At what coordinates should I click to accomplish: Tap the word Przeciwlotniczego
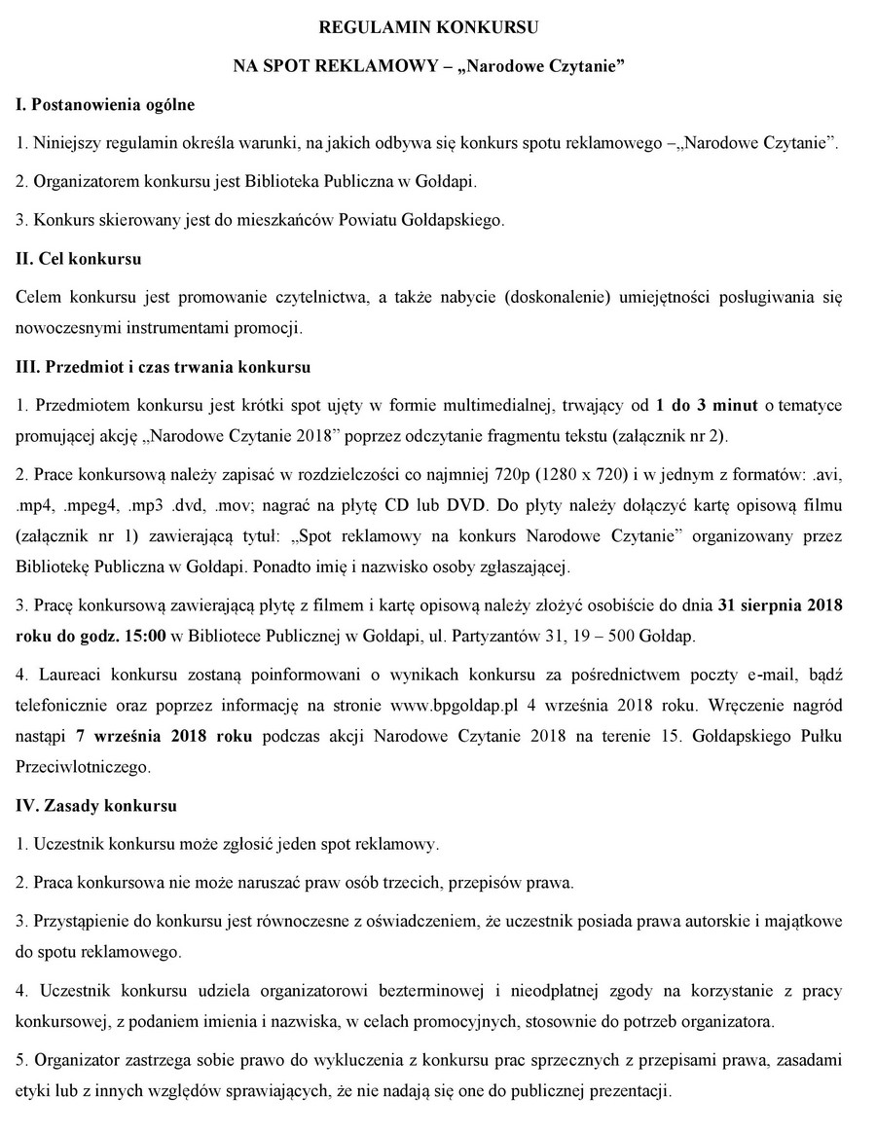(x=83, y=767)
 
